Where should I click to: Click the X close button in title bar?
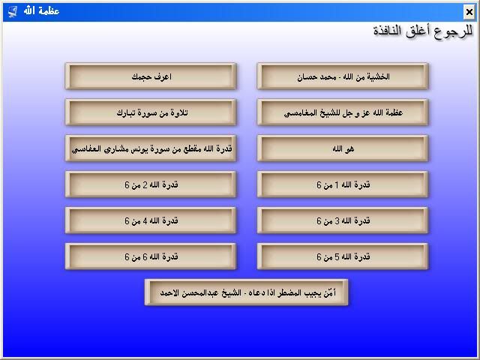pos(469,12)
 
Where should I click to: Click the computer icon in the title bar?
pos(13,12)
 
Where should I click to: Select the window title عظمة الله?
pos(42,11)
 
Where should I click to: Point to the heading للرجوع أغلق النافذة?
pos(423,31)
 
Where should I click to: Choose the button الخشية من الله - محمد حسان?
pos(343,76)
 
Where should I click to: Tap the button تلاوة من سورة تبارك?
pos(151,112)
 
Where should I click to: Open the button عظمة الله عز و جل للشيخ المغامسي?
pos(343,112)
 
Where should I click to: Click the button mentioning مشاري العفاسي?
pos(151,148)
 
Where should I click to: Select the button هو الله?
pos(343,148)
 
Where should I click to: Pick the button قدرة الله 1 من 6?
pos(343,184)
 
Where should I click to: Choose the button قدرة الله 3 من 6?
pos(343,220)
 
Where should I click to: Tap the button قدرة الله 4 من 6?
pos(151,220)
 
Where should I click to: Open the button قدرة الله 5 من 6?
pos(343,256)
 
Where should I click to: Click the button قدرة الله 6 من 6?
pos(151,256)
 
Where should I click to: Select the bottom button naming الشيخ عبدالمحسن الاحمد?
pos(247,292)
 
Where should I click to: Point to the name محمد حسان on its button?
pos(312,76)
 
